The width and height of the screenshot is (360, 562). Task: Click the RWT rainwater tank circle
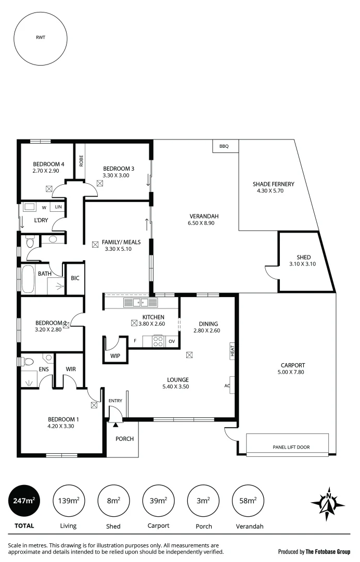click(x=40, y=37)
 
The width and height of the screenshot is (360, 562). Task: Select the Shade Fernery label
click(x=273, y=184)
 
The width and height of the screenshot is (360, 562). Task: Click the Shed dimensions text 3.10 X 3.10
click(x=303, y=264)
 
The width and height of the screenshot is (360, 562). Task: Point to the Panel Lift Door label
click(x=291, y=447)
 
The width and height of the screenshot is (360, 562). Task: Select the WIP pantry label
click(x=115, y=356)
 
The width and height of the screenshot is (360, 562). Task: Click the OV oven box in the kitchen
click(x=171, y=341)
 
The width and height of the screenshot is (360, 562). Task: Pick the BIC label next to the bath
click(x=75, y=278)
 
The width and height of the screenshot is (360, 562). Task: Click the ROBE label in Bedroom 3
click(x=81, y=161)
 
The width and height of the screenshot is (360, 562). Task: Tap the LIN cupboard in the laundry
click(x=58, y=207)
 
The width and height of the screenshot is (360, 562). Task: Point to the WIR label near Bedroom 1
click(x=71, y=369)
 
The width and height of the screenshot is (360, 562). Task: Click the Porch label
click(x=124, y=439)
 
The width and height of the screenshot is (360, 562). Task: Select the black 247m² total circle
click(x=24, y=501)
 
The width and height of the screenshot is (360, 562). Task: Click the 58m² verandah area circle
click(x=248, y=501)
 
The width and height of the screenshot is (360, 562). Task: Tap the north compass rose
click(x=328, y=503)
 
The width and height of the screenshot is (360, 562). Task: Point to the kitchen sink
click(x=137, y=302)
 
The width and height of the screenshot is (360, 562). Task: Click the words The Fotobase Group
click(x=328, y=552)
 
